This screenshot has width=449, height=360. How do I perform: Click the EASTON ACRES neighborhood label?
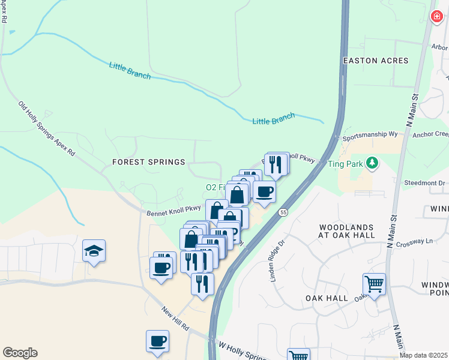point(375,61)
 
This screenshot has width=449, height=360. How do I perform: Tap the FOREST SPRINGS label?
point(148,162)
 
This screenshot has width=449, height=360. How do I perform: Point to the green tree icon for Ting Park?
point(372,163)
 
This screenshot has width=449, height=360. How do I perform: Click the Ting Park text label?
point(345,163)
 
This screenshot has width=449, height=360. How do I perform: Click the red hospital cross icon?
point(437,17)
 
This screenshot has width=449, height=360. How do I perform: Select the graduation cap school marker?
point(94,250)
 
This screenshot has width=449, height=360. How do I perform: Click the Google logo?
point(20,353)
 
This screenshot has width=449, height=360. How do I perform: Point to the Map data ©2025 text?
point(423,355)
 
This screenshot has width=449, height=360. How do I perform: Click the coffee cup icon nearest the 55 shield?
point(264,192)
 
